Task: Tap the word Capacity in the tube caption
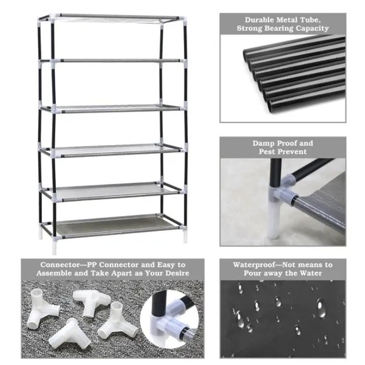[x=309, y=28]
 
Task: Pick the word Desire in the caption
[x=174, y=273]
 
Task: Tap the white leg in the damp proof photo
[x=276, y=215]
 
